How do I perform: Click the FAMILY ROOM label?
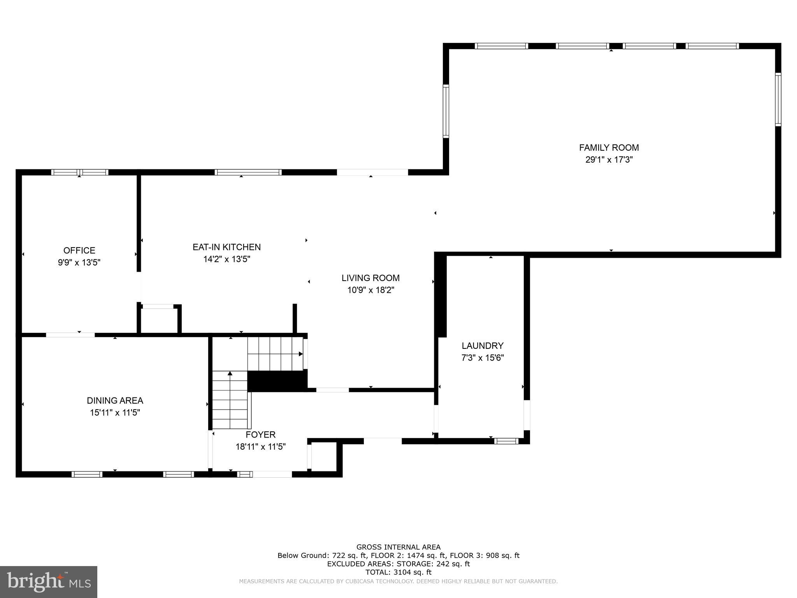609,148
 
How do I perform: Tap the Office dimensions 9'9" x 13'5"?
79,262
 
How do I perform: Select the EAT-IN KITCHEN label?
226,247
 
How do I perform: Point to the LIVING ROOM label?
370,278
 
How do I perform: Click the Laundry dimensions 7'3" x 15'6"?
483,358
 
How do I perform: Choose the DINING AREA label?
115,400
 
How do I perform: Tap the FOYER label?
260,434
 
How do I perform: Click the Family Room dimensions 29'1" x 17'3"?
609,160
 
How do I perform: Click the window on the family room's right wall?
778,99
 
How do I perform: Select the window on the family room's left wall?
446,111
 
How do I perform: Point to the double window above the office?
80,172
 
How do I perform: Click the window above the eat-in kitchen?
248,172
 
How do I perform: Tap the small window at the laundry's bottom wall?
506,441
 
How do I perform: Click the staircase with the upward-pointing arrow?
230,400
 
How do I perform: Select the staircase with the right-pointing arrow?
275,354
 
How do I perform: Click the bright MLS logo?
49,582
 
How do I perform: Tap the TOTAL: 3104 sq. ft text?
398,572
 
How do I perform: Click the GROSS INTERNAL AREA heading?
398,547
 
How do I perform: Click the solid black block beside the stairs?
277,381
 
